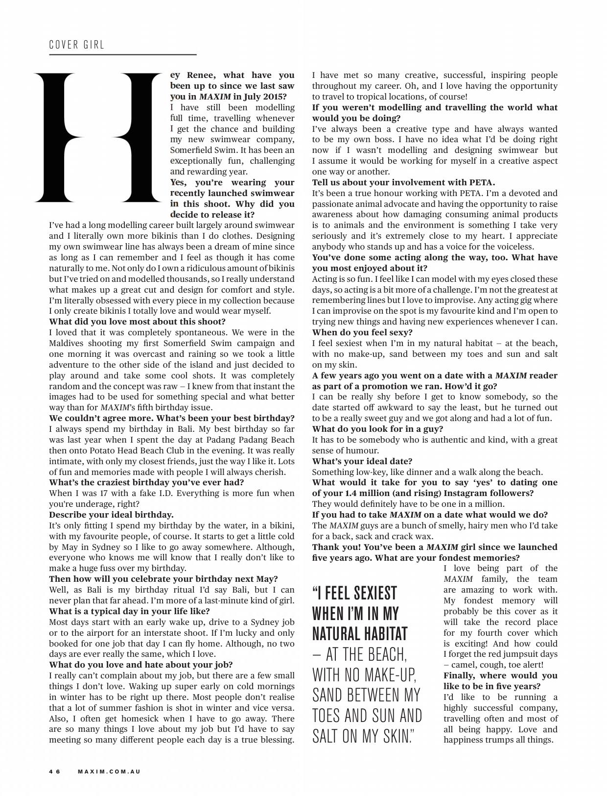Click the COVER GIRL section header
pyautogui.click(x=76, y=45)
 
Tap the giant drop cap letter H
pyautogui.click(x=97, y=137)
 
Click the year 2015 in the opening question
pyautogui.click(x=275, y=97)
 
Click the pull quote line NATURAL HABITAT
pyautogui.click(x=360, y=634)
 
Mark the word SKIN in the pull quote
pyautogui.click(x=392, y=736)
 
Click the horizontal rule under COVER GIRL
pyautogui.click(x=122, y=54)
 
